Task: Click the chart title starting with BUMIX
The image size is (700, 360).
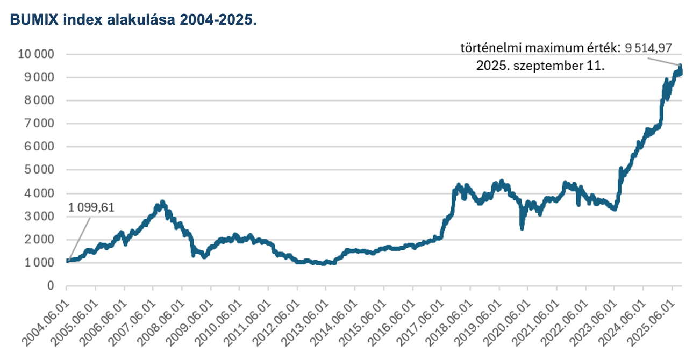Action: click(132, 20)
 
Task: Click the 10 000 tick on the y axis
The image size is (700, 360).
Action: click(36, 54)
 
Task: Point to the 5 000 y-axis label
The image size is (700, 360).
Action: click(39, 170)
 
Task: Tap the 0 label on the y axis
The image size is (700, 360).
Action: click(51, 285)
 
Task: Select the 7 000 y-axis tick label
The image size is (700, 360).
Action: click(39, 124)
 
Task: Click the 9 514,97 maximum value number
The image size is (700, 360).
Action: click(648, 48)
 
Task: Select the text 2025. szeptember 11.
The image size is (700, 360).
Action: click(540, 67)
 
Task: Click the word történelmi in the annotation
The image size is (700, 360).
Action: click(484, 48)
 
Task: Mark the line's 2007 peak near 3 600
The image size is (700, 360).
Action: click(162, 203)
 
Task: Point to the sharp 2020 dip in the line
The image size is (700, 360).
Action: click(522, 228)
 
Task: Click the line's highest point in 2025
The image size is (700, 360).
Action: click(680, 66)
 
